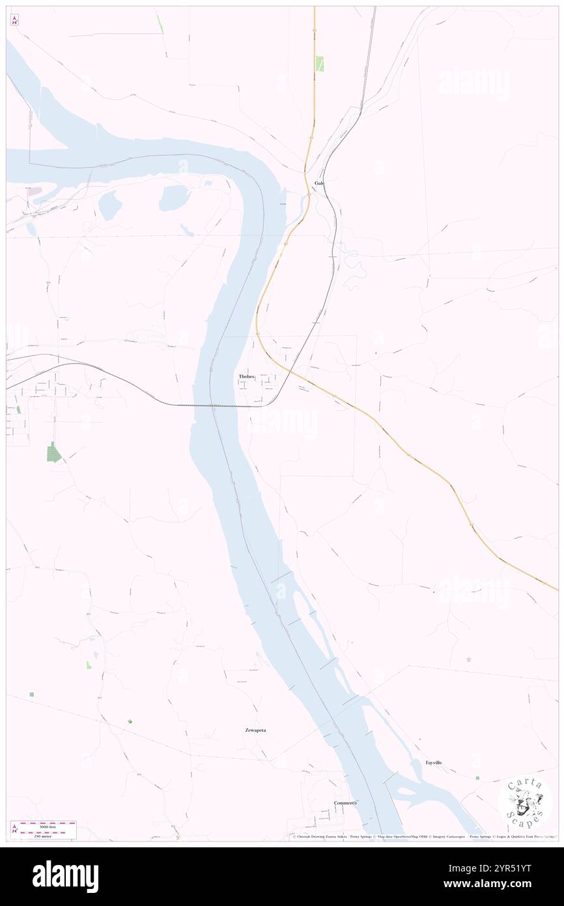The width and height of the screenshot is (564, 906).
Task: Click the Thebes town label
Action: click(x=246, y=377)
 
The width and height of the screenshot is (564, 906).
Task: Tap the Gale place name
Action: click(x=319, y=183)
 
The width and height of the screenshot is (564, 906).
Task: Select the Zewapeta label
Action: click(x=252, y=731)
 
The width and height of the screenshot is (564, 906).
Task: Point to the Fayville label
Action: click(x=434, y=763)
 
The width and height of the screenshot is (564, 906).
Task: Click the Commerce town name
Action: click(x=345, y=803)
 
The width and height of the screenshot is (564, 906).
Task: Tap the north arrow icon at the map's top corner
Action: click(x=15, y=20)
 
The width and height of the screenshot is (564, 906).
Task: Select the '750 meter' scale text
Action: click(x=48, y=835)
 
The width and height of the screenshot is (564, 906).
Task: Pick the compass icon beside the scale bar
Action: click(x=15, y=829)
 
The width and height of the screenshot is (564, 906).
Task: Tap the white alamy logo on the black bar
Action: click(x=65, y=877)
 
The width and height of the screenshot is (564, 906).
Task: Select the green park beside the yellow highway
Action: click(x=320, y=63)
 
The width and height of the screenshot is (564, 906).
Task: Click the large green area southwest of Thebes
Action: click(x=53, y=452)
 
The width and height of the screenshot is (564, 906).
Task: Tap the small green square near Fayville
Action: click(x=477, y=778)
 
